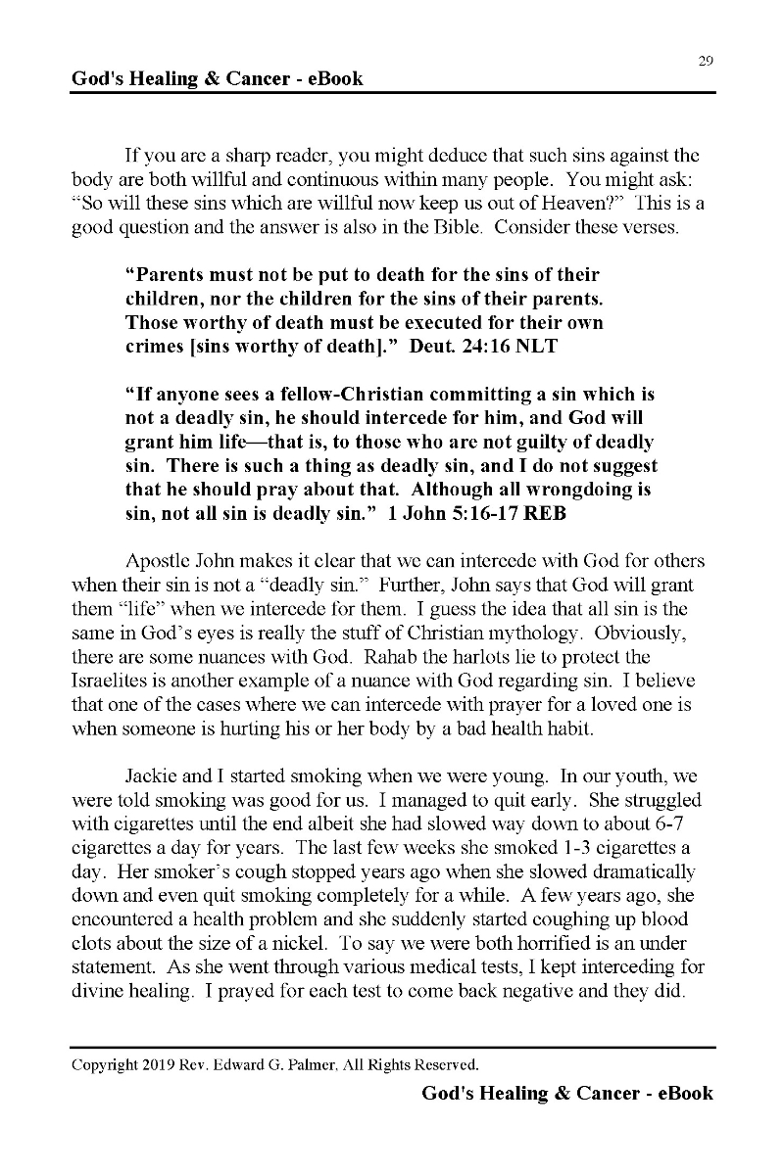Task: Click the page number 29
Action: tap(706, 61)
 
